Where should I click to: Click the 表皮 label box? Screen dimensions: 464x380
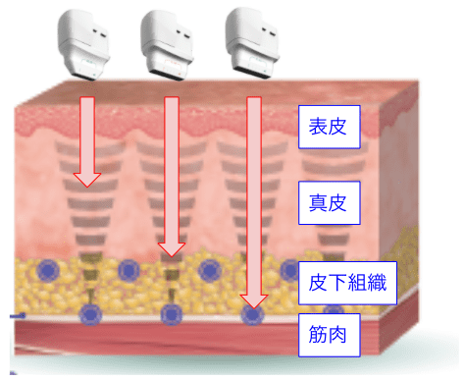point(329,127)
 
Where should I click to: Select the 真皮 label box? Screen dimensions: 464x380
point(329,203)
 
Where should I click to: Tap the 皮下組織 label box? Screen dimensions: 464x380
point(347,283)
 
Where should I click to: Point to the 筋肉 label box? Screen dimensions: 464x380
point(329,335)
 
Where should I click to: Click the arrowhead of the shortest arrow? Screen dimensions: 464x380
point(87,180)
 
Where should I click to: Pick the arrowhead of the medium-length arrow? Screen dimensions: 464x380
point(172,249)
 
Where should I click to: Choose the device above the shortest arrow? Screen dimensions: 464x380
point(83,44)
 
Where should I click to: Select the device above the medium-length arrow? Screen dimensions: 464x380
point(167,44)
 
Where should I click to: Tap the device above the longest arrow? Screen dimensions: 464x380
point(252,43)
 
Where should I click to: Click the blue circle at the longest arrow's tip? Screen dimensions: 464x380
point(252,315)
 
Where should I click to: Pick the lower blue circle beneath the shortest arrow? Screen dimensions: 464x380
point(90,315)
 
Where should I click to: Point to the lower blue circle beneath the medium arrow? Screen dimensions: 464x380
point(171,315)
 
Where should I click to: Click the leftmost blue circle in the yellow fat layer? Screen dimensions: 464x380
point(48,271)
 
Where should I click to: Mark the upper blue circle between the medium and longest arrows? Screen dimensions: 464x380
point(210,271)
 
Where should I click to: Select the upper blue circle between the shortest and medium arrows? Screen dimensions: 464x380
point(129,271)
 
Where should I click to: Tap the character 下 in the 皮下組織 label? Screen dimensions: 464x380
point(337,283)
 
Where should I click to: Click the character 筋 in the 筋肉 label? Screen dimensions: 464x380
point(318,335)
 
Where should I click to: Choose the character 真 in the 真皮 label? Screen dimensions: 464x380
point(318,203)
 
